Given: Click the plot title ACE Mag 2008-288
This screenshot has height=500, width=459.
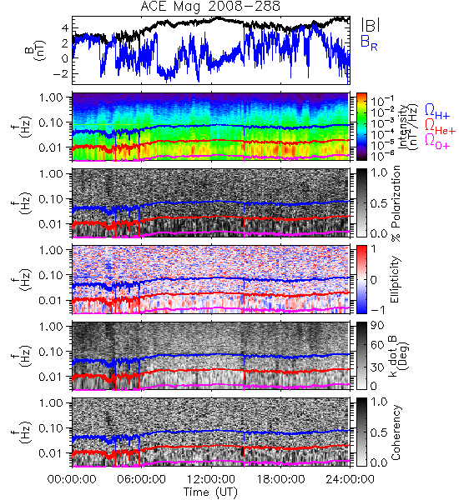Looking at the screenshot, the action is point(210,6).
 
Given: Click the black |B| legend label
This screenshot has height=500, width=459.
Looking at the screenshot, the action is point(371,25).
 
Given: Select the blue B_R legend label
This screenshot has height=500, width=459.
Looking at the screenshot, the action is point(369,42).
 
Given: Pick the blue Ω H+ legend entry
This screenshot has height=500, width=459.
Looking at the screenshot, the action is point(437,112).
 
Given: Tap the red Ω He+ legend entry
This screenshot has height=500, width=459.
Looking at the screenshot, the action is point(440,127).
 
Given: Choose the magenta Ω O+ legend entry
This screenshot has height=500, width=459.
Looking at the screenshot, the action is point(437,142).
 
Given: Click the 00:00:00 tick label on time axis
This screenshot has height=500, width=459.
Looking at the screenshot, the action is point(72,479).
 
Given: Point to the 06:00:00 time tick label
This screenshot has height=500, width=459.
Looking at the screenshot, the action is point(142,479).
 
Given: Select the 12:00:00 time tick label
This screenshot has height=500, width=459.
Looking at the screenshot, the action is point(211,479).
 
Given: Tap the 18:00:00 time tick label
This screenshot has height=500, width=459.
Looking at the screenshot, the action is point(280,479).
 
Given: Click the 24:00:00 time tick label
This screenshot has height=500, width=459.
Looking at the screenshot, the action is point(350,479).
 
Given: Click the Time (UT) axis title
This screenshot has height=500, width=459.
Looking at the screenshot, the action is point(210,492).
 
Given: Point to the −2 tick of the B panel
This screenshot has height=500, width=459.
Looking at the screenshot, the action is point(60,73).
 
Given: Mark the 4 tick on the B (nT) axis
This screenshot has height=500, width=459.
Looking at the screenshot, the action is point(65,28).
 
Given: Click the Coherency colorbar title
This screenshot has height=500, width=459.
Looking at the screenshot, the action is point(396,432).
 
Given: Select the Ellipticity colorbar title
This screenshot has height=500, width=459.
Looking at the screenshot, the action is point(395,280).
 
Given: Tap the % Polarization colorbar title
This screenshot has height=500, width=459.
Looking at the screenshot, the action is point(396,203).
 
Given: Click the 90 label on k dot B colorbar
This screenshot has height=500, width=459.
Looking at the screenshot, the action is point(378,326).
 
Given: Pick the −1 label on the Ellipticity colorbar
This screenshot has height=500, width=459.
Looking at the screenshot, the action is point(378,310).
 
